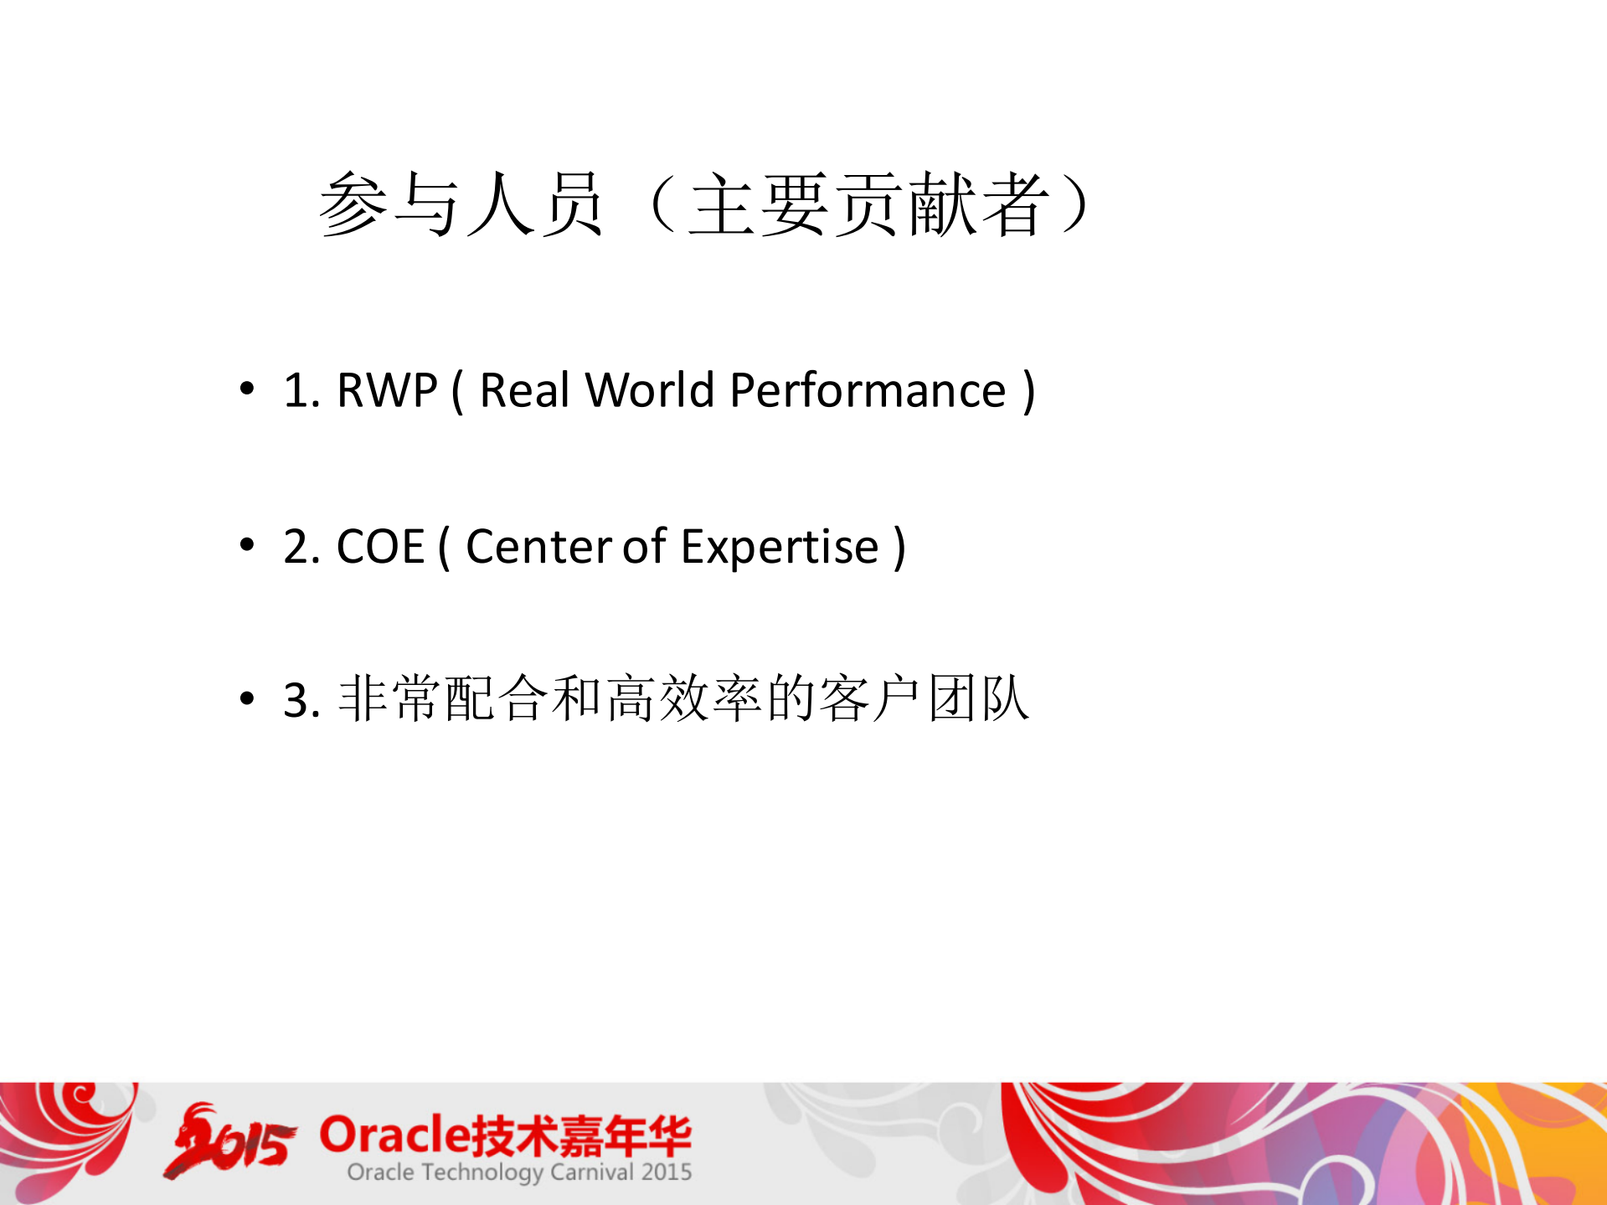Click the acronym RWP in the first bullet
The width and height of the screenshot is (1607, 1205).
point(387,390)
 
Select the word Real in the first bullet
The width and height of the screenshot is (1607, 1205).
point(524,390)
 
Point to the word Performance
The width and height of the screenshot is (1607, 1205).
point(868,390)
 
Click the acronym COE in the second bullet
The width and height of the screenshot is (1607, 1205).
point(381,547)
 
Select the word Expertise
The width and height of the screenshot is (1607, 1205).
point(780,548)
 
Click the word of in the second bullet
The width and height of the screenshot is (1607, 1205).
point(644,547)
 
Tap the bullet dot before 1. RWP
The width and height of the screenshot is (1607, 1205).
point(246,388)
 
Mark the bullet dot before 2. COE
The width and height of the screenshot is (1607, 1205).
point(246,544)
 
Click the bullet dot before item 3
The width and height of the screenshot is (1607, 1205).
point(246,698)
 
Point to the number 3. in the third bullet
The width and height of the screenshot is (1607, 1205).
point(301,700)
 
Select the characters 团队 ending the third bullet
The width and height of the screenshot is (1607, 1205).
point(978,698)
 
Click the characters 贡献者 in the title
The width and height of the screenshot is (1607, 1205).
point(943,205)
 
